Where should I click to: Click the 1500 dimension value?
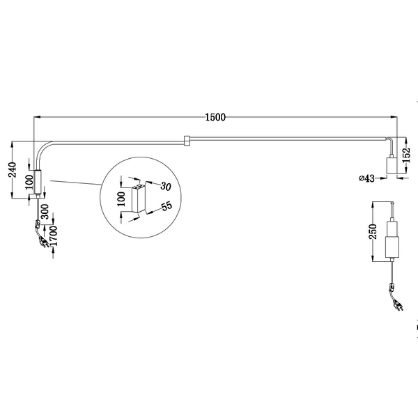point(215,117)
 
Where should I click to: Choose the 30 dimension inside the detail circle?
point(166,186)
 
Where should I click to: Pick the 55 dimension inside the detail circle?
point(166,207)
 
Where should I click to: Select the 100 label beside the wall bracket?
point(29,181)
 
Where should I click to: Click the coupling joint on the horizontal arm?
point(186,140)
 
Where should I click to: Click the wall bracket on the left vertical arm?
point(38,182)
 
